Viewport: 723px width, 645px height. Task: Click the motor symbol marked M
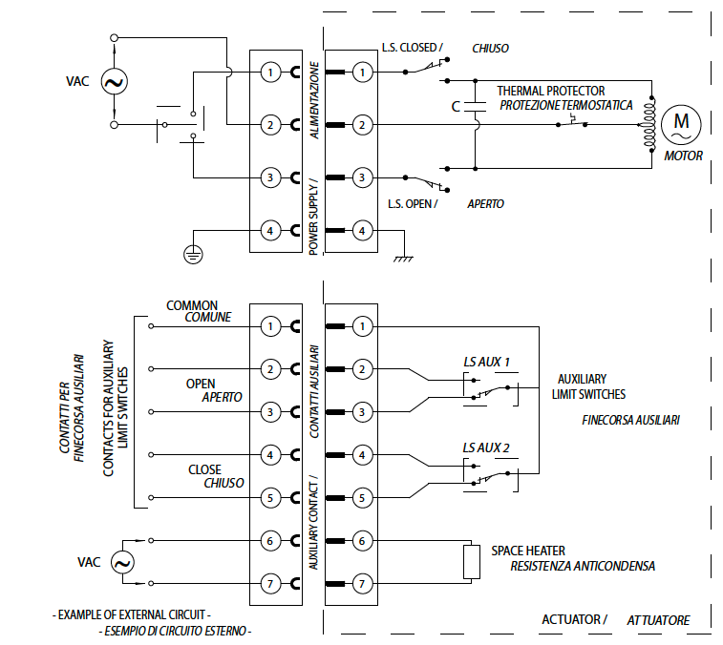681,123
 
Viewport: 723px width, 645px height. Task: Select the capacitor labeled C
475,106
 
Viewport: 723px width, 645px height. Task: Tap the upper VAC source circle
114,82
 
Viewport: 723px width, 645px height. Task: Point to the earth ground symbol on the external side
194,253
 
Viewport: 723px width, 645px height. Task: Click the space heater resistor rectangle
470,562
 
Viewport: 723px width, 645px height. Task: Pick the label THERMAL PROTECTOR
550,91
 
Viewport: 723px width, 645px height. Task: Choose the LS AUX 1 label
486,362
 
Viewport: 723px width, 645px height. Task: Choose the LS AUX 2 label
486,447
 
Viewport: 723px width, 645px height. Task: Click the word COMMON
192,305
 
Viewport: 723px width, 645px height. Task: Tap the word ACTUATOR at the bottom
573,619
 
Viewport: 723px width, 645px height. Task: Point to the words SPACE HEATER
527,551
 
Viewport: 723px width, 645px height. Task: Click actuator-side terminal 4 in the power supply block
361,230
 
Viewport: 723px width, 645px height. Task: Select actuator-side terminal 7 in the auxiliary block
361,583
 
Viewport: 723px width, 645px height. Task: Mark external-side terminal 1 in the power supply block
270,72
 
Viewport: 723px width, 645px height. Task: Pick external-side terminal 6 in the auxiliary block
270,541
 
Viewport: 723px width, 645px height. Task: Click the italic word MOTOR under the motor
683,156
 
